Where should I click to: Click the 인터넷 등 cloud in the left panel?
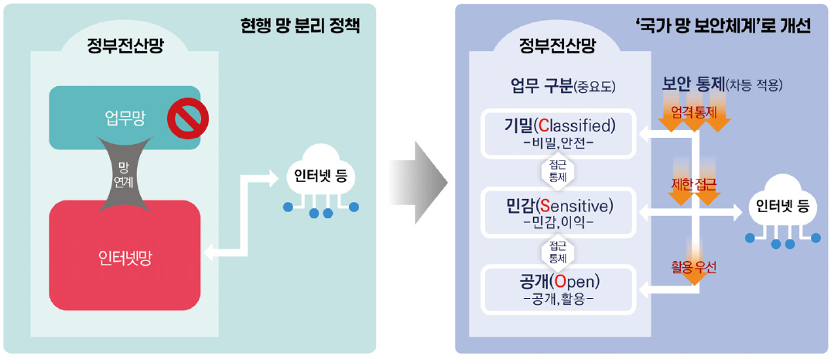tap(320, 178)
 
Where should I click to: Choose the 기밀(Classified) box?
tap(559, 132)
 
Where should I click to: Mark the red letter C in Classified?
tap(543, 125)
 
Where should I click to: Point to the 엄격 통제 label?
tap(693, 112)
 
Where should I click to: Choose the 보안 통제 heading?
tap(692, 83)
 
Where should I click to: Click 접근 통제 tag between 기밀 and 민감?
tap(558, 171)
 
